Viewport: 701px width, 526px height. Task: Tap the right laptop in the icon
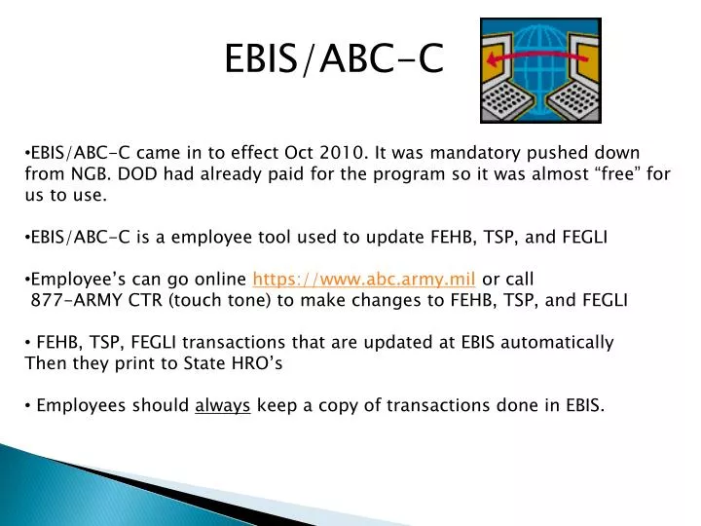point(572,86)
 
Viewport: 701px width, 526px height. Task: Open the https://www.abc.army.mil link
point(364,278)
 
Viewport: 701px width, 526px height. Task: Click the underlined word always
point(223,405)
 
